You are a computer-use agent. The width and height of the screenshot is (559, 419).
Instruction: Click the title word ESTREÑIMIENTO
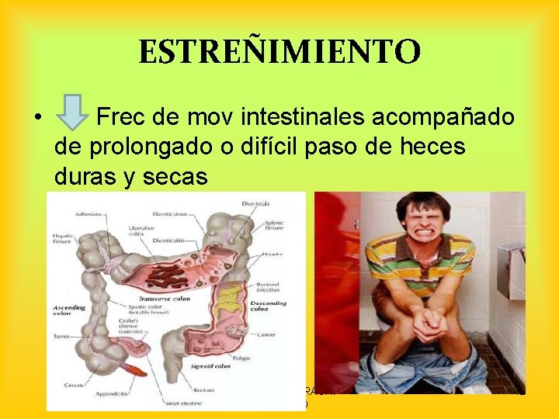(x=279, y=53)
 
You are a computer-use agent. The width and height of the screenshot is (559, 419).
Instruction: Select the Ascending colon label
(x=70, y=311)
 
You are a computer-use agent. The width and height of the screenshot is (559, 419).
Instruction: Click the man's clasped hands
(x=430, y=325)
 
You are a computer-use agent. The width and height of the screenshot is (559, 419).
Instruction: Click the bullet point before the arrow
(x=36, y=119)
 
